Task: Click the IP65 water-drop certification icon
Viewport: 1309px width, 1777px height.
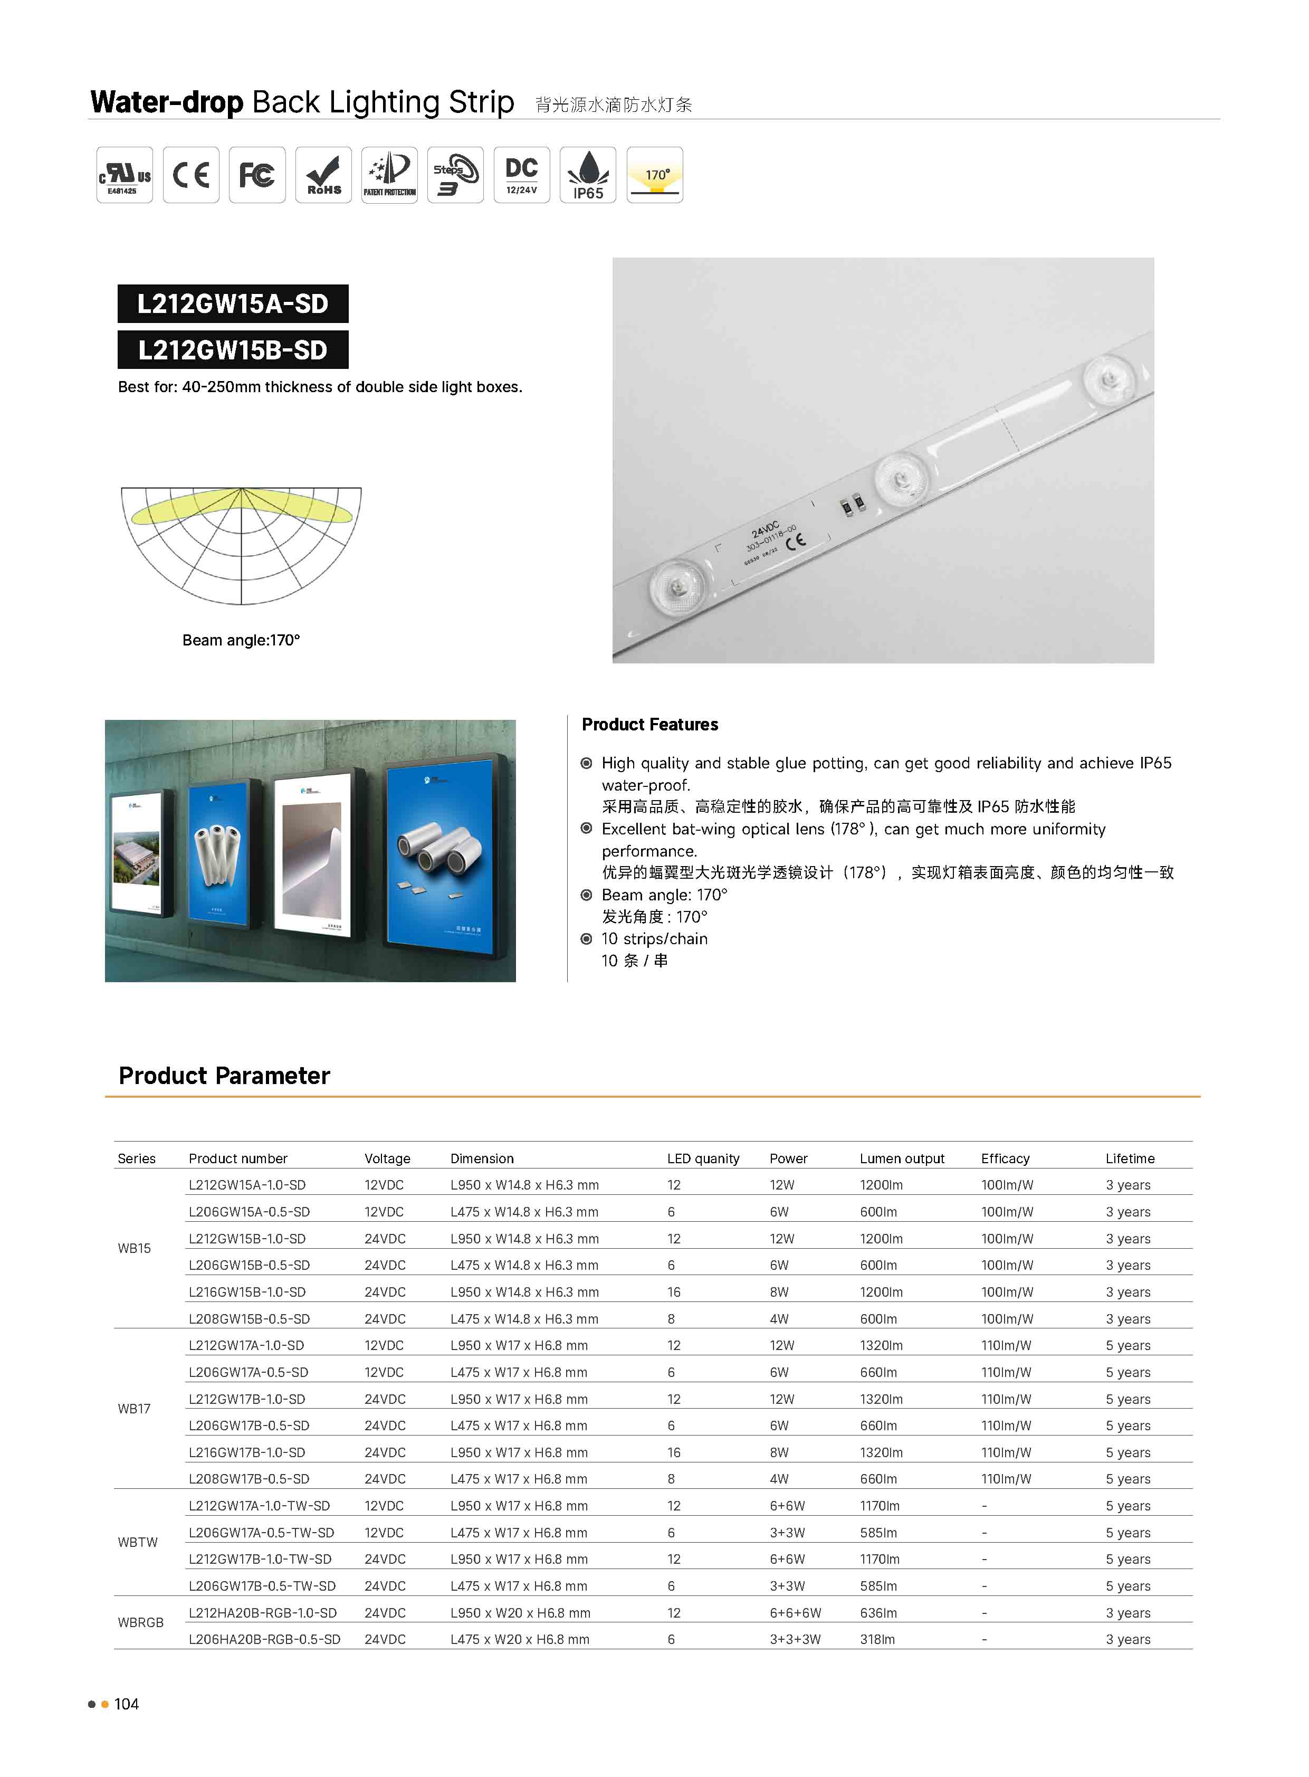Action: (588, 175)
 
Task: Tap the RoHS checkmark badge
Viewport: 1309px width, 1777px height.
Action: (323, 175)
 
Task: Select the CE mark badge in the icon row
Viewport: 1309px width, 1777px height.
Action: (191, 175)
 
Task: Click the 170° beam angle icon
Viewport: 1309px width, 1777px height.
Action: (654, 175)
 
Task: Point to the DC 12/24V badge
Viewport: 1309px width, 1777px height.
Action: (521, 175)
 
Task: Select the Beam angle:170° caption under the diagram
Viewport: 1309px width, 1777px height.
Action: (241, 640)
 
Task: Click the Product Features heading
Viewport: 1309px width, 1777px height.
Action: (649, 725)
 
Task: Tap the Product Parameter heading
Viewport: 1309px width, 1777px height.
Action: (224, 1076)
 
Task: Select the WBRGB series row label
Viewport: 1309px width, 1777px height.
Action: (140, 1622)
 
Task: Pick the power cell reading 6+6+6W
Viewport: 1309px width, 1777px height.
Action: (795, 1613)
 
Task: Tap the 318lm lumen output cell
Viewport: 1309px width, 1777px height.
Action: (877, 1639)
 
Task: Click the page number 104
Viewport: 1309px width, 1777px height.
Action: (126, 1704)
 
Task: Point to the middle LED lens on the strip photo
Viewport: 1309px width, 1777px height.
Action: (900, 478)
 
